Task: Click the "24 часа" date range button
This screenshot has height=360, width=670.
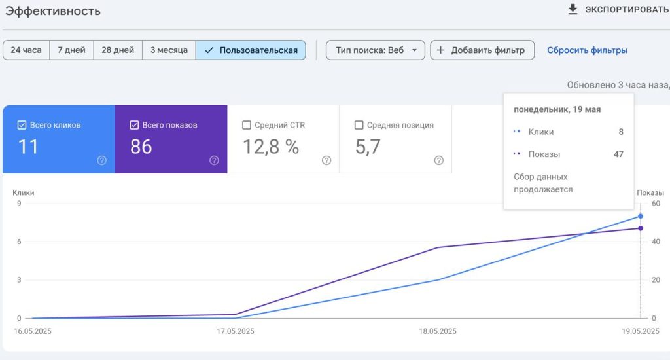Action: coord(26,50)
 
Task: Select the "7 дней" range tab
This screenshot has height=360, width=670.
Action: coord(71,50)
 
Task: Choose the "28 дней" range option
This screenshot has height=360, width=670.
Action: coord(118,50)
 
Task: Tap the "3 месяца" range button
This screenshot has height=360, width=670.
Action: coord(169,50)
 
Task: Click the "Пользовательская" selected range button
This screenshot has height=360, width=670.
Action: coord(251,50)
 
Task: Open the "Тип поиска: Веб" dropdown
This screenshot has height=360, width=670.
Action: coord(375,50)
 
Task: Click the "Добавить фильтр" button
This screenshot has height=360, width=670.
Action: coord(482,50)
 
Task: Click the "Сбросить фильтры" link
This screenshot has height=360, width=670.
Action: coord(587,50)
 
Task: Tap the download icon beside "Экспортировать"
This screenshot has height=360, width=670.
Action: coord(573,9)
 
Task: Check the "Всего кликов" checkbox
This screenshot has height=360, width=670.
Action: coord(22,125)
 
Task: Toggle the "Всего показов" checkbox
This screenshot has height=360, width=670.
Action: coord(134,125)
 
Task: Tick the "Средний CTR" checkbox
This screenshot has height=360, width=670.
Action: coord(247,125)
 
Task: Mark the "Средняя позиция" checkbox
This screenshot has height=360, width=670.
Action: coord(359,125)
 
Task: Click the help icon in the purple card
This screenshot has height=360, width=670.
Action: coord(214,160)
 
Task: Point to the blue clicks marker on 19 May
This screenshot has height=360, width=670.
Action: coord(641,217)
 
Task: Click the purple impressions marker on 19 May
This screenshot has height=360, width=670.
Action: coord(641,228)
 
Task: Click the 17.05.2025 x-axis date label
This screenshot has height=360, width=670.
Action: coord(235,331)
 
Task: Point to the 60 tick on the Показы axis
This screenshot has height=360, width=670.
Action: coord(656,204)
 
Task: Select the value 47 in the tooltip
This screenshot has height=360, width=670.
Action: coord(618,154)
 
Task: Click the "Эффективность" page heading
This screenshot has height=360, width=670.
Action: coord(53,11)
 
